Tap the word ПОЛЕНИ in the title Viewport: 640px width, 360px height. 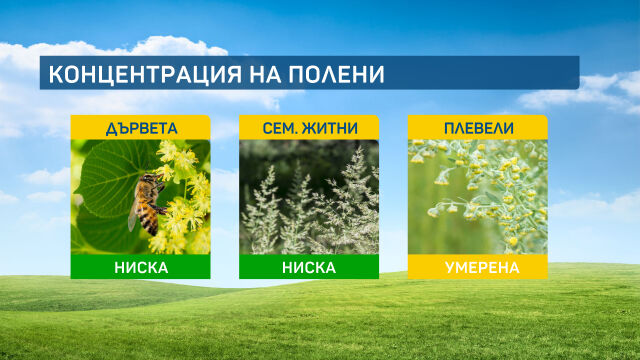339,75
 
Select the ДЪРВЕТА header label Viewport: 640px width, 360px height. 140,127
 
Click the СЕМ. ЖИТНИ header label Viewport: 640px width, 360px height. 309,127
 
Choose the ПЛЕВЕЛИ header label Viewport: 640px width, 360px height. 477,127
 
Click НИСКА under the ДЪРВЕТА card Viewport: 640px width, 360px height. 140,267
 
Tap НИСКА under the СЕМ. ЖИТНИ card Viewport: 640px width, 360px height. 309,267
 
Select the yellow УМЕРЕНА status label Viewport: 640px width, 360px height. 477,267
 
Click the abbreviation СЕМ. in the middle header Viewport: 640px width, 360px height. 279,127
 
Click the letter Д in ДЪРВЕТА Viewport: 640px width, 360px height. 111,127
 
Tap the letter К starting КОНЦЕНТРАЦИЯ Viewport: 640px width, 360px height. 56,75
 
